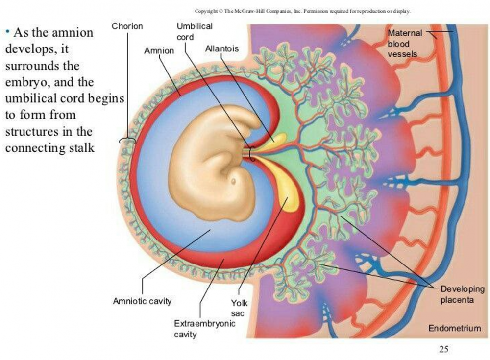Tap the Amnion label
159,50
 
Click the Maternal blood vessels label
404,43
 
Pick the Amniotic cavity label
142,301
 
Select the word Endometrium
454,328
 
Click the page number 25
443,349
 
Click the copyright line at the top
302,11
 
